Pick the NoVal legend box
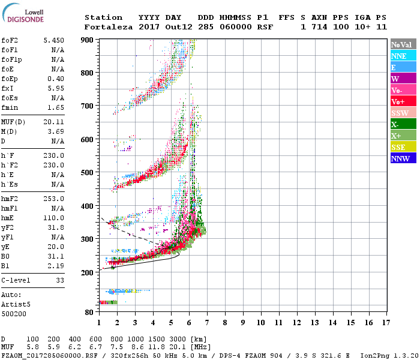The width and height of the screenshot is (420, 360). click(401, 44)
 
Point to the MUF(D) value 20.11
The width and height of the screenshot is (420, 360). click(53, 122)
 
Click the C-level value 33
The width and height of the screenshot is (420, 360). click(59, 280)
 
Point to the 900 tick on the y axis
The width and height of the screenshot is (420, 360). click(88, 40)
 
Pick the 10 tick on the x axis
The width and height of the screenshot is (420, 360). click(260, 322)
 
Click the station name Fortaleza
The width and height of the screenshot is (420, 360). click(108, 27)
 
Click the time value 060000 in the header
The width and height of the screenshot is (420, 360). click(235, 27)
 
